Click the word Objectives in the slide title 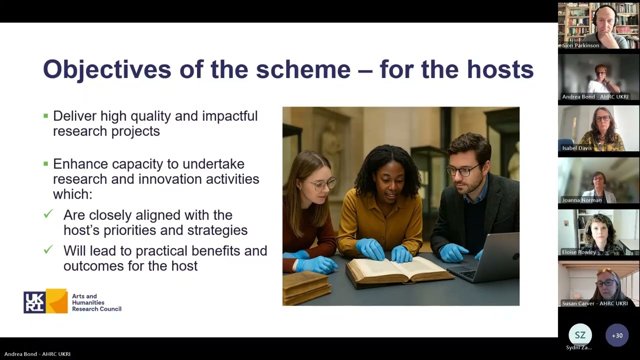pos(107,69)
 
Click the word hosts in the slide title pos(500,69)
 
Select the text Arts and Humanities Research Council pos(96,302)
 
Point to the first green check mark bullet pos(48,214)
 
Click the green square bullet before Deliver pos(45,116)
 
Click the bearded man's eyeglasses pos(463,170)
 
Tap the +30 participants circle pos(617,335)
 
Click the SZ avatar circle pos(580,335)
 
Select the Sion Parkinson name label pos(580,45)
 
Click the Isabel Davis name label pos(577,148)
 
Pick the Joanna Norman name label pos(581,200)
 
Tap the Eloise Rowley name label pos(579,252)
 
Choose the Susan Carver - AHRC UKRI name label pos(594,303)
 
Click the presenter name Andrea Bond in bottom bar pos(37,354)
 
